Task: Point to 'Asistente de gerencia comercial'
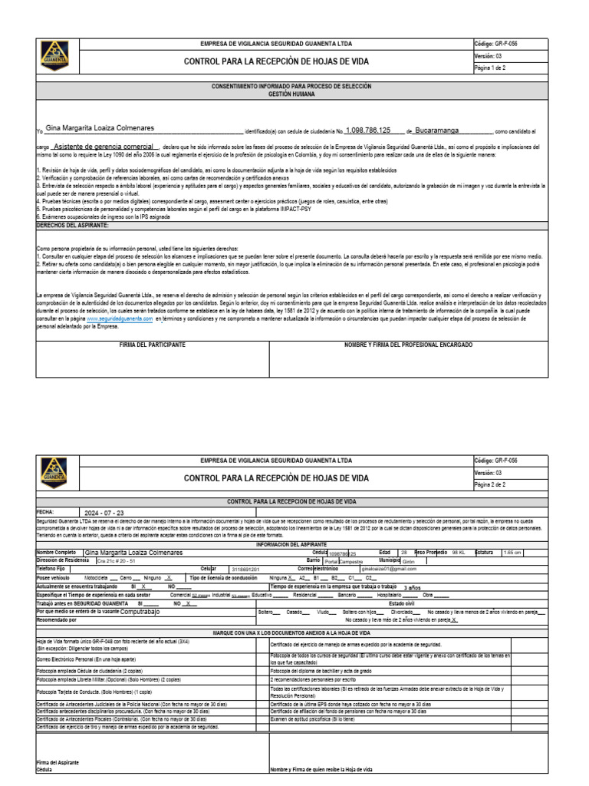pos(106,145)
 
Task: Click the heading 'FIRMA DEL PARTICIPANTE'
pos(152,345)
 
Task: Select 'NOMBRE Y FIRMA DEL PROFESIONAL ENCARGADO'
pos(409,345)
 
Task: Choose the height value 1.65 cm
pos(512,552)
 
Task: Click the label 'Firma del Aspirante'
pos(58,761)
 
